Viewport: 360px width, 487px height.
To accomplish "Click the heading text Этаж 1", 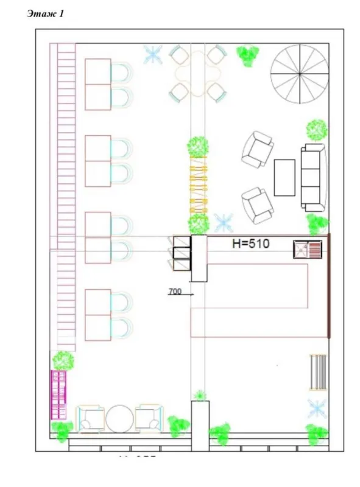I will click(45, 14).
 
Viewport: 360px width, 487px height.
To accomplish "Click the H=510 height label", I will click(250, 244).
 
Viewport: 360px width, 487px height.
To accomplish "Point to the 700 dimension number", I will click(175, 292).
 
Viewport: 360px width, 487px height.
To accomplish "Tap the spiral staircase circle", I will click(299, 74).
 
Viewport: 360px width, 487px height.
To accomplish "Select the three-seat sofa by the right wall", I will click(313, 177).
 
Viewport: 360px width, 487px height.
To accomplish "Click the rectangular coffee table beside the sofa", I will click(284, 177).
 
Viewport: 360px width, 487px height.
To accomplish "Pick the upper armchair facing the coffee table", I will click(257, 149).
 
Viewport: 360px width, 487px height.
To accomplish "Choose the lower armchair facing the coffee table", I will click(258, 205).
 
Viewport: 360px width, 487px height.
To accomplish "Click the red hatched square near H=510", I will click(307, 250).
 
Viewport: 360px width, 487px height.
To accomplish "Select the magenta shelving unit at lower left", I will click(58, 395).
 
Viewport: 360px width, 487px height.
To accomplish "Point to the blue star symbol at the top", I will click(152, 55).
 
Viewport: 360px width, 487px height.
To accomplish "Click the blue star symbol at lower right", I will click(317, 407).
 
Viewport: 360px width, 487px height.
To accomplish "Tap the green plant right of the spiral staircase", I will click(316, 129).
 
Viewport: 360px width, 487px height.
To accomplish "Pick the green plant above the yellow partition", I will click(198, 146).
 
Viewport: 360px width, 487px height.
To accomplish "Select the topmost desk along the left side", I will click(97, 84).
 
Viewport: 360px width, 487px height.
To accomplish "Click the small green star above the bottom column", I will click(200, 395).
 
